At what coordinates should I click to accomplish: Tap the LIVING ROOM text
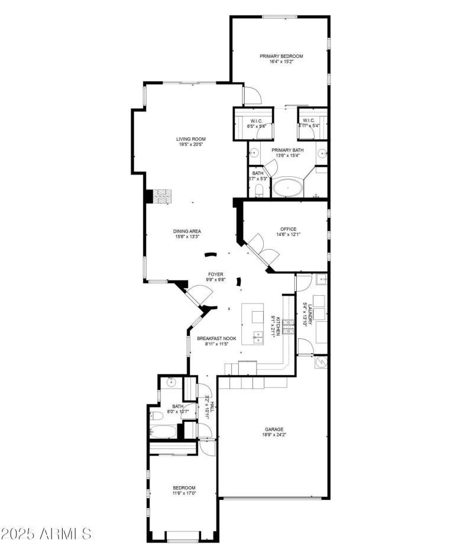coord(195,139)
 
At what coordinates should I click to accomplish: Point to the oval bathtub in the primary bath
coord(288,188)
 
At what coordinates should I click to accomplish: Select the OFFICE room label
coord(289,229)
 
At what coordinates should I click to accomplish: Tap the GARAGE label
coord(274,429)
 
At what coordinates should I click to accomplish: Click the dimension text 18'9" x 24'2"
coord(274,435)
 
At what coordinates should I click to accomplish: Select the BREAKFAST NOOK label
coord(216,338)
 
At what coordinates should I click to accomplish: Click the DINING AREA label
coord(187,231)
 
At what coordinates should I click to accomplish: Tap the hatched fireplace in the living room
coord(163,196)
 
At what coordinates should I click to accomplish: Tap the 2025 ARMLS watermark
coord(46,534)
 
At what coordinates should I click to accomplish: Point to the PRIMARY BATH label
coord(287,150)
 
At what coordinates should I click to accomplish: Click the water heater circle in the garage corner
coord(321,362)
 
